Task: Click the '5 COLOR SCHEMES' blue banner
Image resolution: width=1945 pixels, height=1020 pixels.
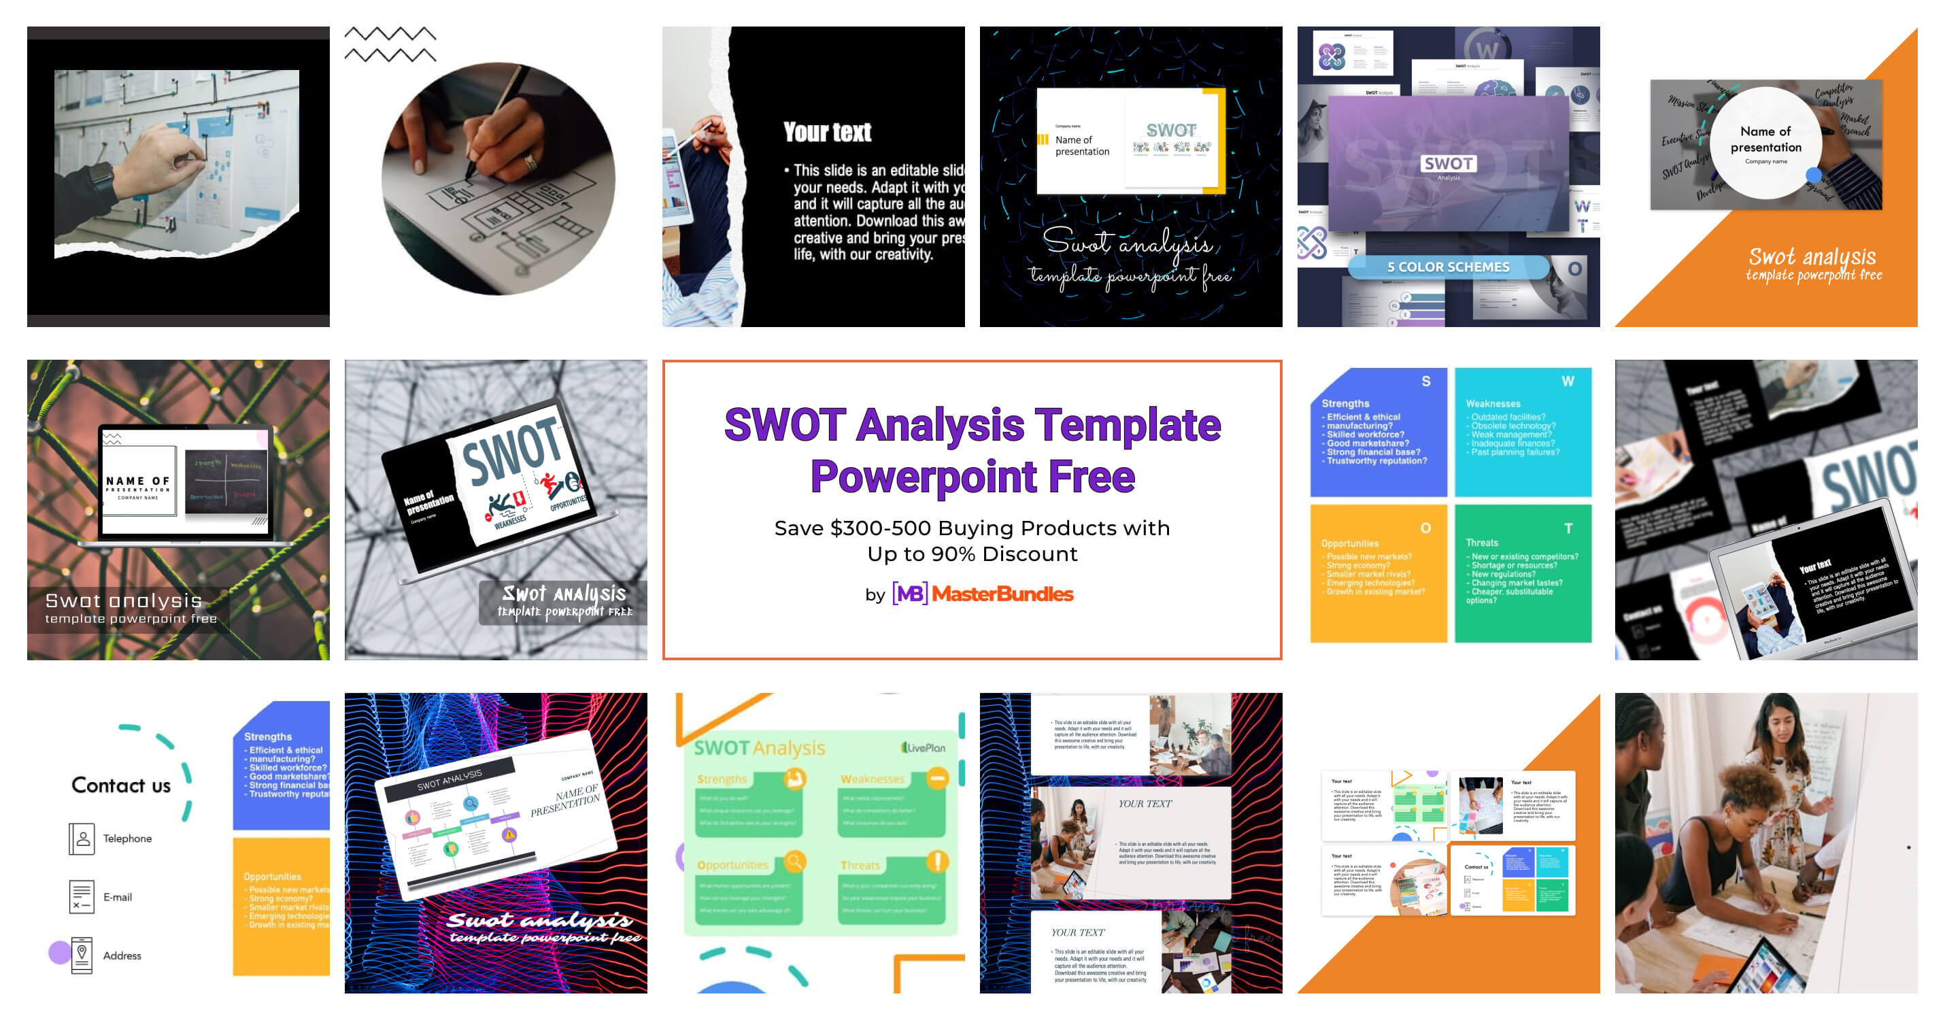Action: click(1447, 267)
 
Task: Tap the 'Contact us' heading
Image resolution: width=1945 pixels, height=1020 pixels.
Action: click(121, 785)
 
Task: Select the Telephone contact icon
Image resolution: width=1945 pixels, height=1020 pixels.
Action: click(82, 838)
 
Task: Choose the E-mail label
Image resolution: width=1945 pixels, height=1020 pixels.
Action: click(117, 897)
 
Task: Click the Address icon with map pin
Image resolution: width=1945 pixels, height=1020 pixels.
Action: click(82, 954)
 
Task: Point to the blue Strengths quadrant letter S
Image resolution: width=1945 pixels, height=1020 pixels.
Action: click(1425, 381)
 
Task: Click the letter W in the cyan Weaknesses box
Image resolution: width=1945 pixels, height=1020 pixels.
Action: click(1568, 381)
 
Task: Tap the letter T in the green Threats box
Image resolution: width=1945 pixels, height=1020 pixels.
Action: click(1568, 528)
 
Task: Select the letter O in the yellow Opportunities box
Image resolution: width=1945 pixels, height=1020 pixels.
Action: click(1425, 528)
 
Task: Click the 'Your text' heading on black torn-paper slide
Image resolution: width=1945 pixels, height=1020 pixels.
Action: click(827, 132)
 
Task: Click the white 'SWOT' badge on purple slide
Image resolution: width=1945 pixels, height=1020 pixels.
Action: click(1447, 164)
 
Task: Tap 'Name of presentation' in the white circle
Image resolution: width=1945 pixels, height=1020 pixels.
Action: click(1765, 139)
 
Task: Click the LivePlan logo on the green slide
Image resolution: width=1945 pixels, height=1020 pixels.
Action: click(923, 747)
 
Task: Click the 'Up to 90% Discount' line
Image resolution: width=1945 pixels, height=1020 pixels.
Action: click(972, 554)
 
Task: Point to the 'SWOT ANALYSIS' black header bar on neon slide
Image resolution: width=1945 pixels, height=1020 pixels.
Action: click(450, 781)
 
